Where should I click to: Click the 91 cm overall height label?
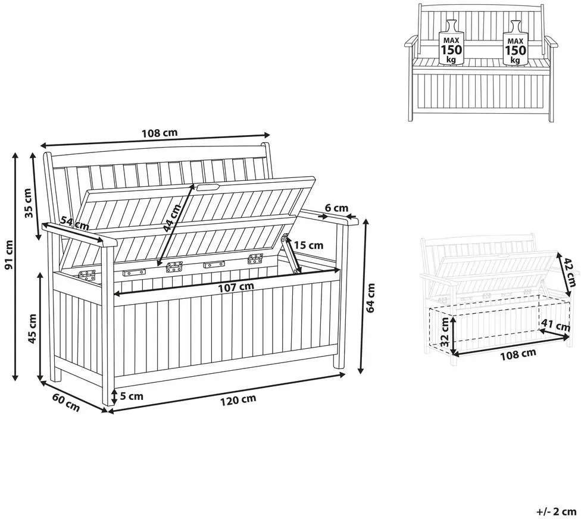pos(8,255)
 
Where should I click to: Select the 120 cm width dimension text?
pos(238,400)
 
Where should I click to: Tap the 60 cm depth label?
pos(66,402)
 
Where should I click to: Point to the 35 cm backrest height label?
pos(29,203)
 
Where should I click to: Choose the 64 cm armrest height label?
pos(370,298)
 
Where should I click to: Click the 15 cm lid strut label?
pos(309,245)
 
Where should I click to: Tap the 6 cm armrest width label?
pos(336,208)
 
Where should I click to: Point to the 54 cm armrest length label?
pos(74,223)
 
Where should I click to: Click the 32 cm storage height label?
pos(445,332)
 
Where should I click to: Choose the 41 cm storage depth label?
pos(555,325)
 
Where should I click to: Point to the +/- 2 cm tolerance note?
pos(557,512)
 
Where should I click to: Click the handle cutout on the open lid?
pos(208,187)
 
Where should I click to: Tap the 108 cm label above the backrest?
pos(160,133)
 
